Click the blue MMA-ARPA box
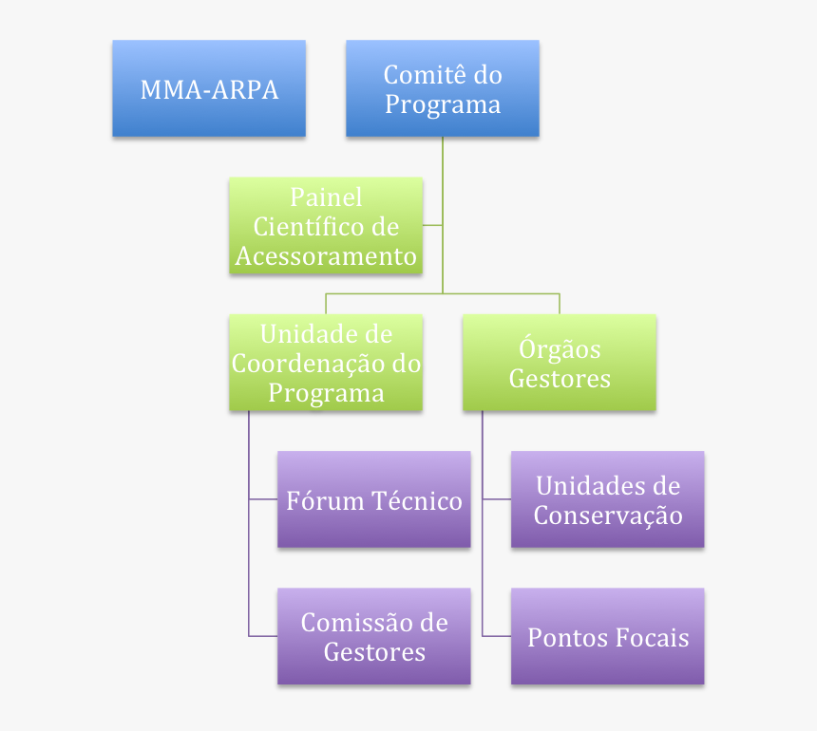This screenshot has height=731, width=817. tap(209, 88)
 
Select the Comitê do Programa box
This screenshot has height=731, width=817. tap(442, 88)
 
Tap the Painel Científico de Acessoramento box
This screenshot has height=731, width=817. tap(326, 226)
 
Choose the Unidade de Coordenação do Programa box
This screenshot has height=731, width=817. tap(326, 363)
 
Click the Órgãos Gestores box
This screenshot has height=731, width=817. tap(560, 363)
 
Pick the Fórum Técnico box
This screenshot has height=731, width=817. tap(373, 499)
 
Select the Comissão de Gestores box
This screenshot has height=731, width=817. tap(373, 636)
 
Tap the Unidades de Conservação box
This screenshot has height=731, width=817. tap(607, 499)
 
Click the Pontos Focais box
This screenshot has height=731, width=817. tap(607, 636)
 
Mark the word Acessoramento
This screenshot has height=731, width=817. tap(326, 256)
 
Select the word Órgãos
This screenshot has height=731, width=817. tap(560, 348)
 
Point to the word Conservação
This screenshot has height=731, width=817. tap(608, 515)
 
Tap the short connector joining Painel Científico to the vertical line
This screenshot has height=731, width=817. tap(432, 225)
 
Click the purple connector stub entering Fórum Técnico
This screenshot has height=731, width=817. tap(263, 499)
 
